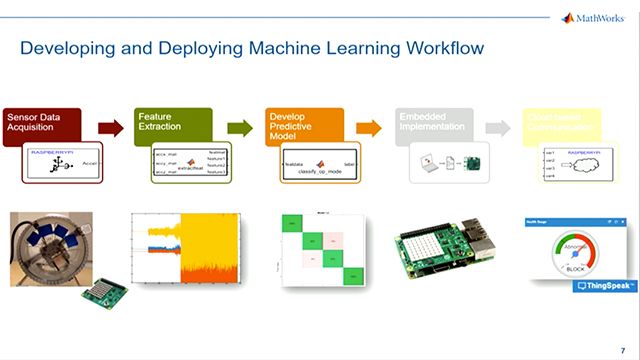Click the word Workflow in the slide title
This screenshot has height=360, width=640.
(436, 47)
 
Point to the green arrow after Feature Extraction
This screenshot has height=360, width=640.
(240, 128)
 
